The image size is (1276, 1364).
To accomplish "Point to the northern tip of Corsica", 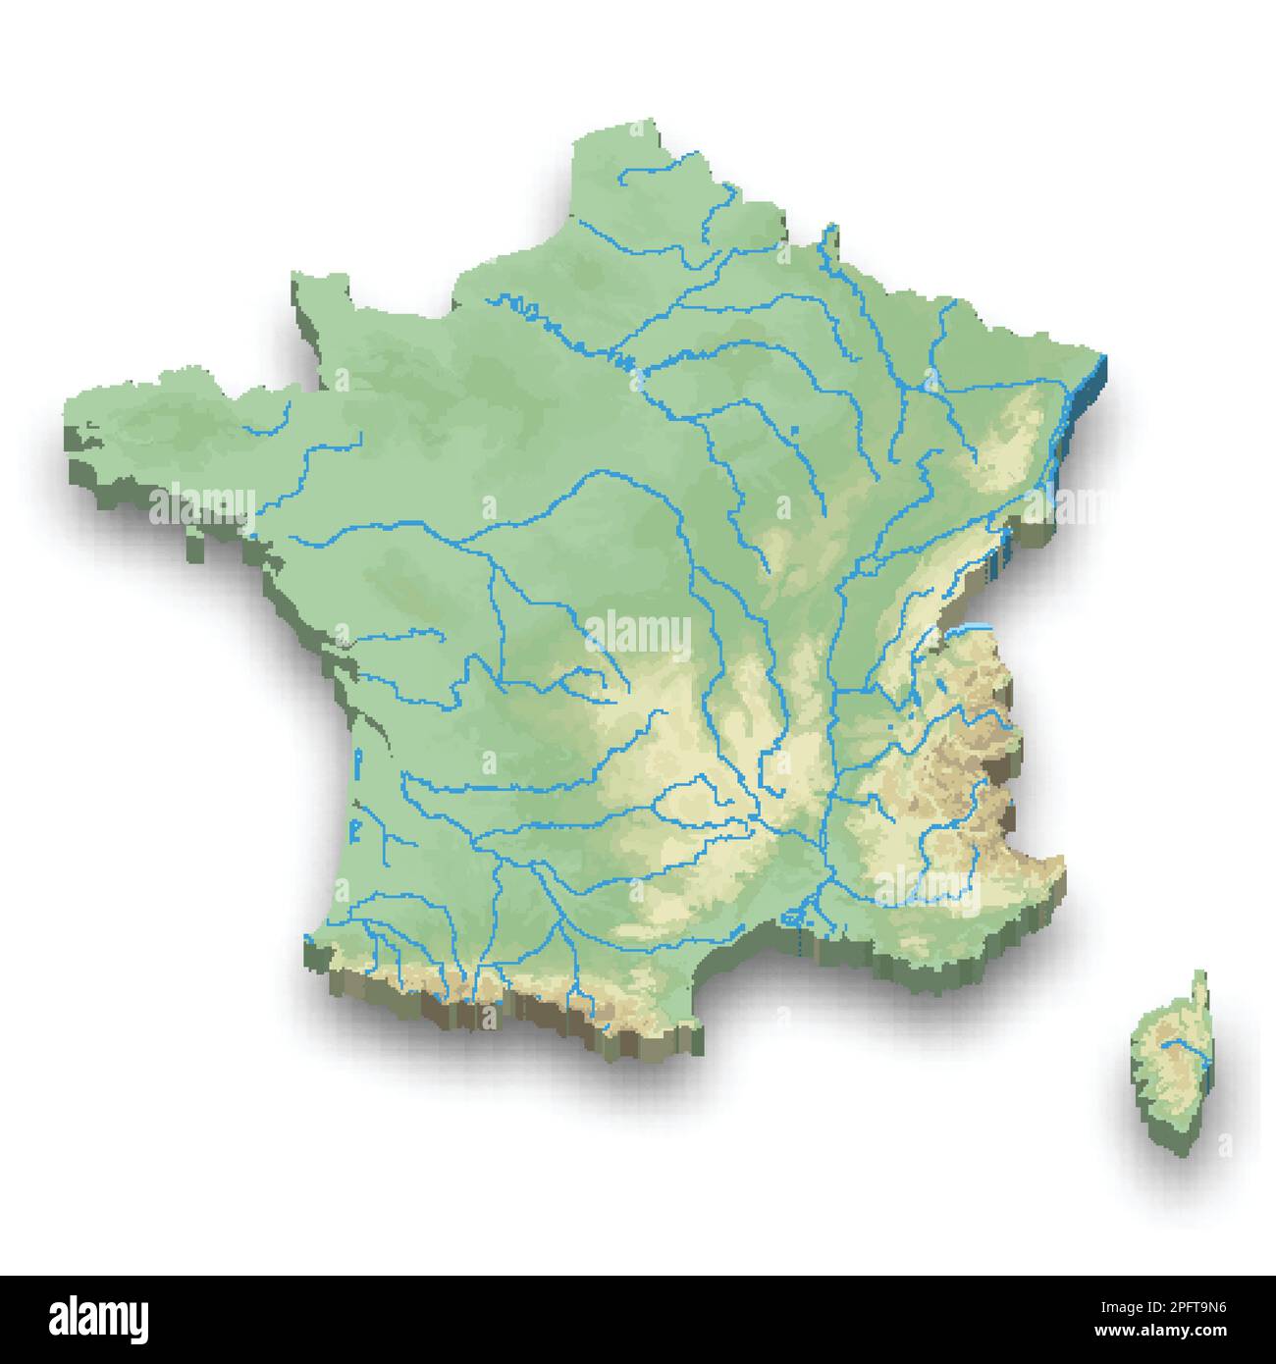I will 1198,973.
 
